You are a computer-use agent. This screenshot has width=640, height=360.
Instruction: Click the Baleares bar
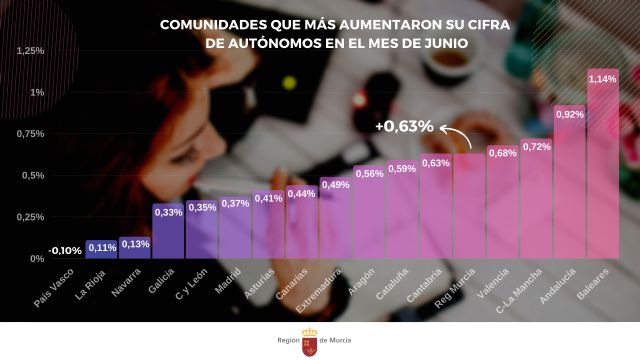(603, 170)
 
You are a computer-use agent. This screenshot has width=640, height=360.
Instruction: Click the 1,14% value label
(603, 78)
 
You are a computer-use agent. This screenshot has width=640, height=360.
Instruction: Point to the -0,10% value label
(66, 250)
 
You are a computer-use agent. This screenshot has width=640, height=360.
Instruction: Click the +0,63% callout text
(404, 127)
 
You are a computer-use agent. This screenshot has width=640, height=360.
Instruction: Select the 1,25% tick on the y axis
(31, 51)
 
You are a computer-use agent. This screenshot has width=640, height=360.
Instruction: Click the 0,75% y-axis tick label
(31, 134)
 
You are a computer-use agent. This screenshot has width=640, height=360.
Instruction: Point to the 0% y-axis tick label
(37, 258)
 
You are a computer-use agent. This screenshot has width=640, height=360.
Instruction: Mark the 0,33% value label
(168, 212)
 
